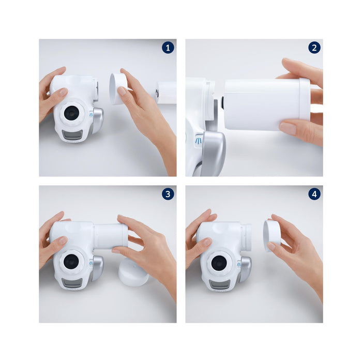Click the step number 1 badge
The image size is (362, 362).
pyautogui.click(x=168, y=48)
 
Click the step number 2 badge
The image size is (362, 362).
pyautogui.click(x=314, y=48)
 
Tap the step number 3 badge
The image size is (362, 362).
pyautogui.click(x=168, y=194)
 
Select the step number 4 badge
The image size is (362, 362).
pyautogui.click(x=314, y=194)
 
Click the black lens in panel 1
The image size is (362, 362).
pyautogui.click(x=71, y=113)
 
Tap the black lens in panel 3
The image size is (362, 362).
pyautogui.click(x=71, y=261)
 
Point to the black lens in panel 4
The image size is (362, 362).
pyautogui.click(x=219, y=263)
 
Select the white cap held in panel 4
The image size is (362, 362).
pyautogui.click(x=271, y=235)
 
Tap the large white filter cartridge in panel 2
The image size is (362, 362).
pyautogui.click(x=267, y=104)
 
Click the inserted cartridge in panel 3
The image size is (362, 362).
pyautogui.click(x=110, y=236)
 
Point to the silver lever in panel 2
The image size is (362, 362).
pyautogui.click(x=213, y=148)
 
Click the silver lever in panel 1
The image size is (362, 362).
pyautogui.click(x=97, y=120)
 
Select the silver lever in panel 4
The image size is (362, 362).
pyautogui.click(x=245, y=269)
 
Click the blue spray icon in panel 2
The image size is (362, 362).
pyautogui.click(x=199, y=141)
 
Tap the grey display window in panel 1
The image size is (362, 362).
pyautogui.click(x=72, y=134)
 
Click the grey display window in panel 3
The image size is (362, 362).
pyautogui.click(x=72, y=283)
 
